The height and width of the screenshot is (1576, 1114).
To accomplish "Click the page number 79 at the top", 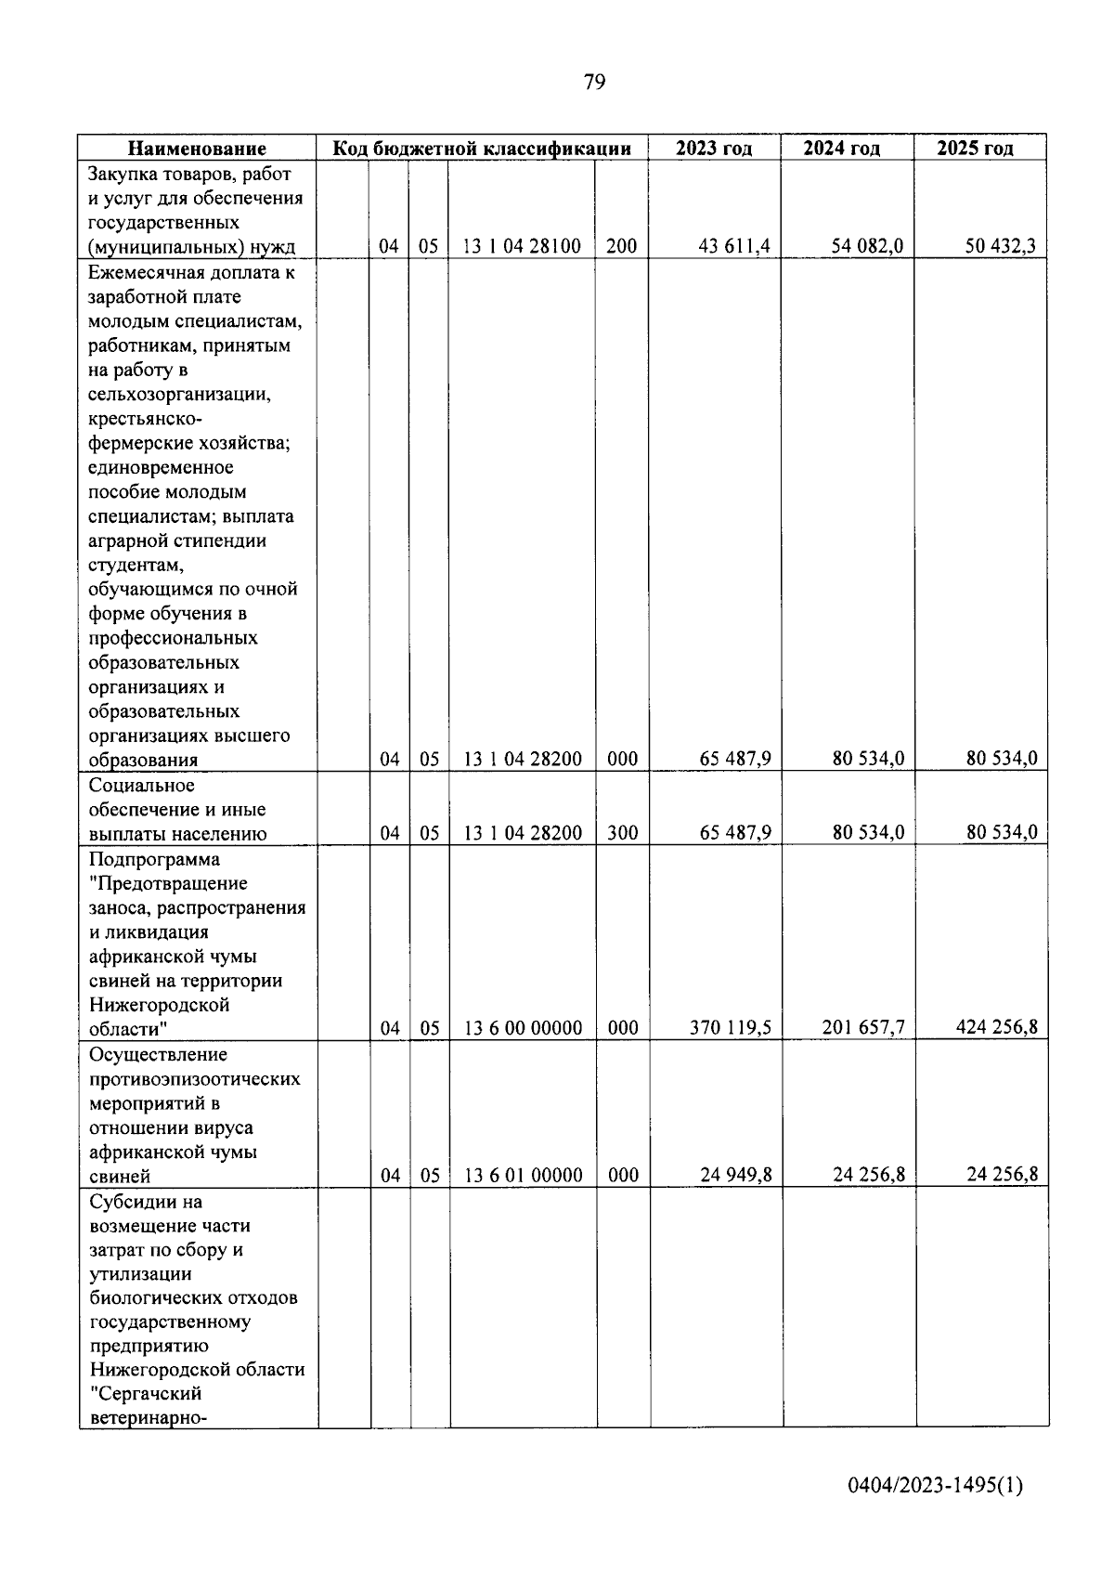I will tap(595, 83).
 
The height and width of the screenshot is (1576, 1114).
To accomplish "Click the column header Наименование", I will tap(197, 148).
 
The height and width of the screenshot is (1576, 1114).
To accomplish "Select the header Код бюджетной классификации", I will tap(483, 148).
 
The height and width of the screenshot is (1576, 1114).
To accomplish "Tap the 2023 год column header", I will tap(714, 148).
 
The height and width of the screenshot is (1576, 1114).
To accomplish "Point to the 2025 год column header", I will tap(975, 148).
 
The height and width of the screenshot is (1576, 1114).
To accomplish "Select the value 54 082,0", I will tap(868, 246).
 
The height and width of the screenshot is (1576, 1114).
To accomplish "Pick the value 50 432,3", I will tap(1001, 246).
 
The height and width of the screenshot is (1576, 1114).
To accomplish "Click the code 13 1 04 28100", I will tap(523, 246).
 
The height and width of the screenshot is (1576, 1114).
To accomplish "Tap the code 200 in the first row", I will tap(621, 246).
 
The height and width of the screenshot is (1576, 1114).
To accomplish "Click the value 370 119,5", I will tap(731, 1027).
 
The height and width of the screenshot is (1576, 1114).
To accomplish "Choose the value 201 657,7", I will tap(863, 1027).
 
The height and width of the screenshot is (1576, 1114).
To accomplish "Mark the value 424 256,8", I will tap(997, 1027).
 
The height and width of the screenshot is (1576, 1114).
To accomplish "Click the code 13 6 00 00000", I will tap(523, 1028).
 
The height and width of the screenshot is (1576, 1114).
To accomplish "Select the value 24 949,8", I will tap(736, 1175).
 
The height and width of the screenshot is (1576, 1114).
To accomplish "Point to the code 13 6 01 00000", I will tap(523, 1175).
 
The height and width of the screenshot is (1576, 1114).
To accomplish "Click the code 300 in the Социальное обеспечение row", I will tap(622, 833).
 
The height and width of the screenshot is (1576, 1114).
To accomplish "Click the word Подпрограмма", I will tap(155, 859).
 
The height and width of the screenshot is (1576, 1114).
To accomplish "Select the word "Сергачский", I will tap(146, 1394).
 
